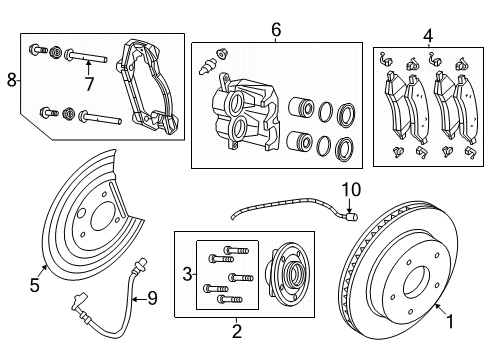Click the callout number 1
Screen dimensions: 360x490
click(x=449, y=321)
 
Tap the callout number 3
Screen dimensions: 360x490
click(x=187, y=272)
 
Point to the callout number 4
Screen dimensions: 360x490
click(x=427, y=37)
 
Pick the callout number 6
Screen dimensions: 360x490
click(x=276, y=31)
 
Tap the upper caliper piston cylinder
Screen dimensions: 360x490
click(x=299, y=109)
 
